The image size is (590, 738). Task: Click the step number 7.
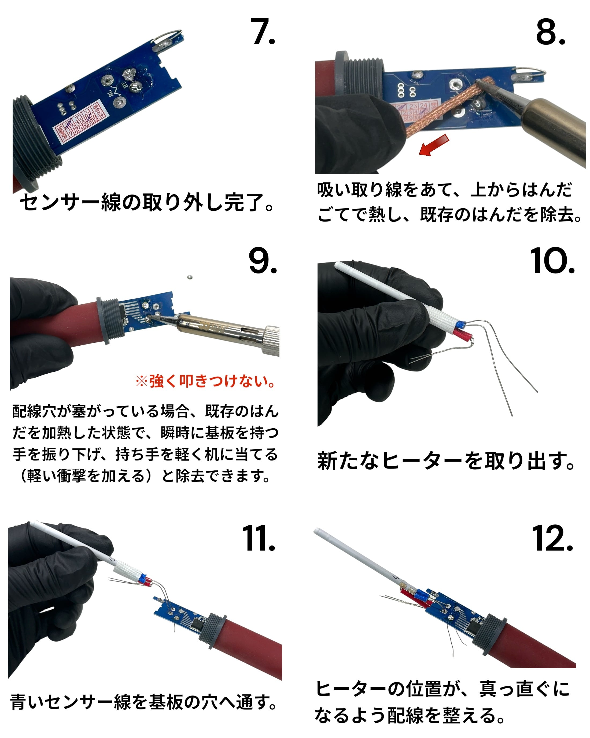pos(262,32)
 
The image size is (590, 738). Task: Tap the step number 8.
pos(550,32)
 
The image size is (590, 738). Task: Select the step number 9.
pos(262,261)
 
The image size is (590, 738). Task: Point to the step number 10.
pos(552,261)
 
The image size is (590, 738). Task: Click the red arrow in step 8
pos(434,145)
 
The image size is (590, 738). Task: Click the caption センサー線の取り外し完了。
pos(147,202)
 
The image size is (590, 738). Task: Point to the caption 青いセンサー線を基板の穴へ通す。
pos(144,702)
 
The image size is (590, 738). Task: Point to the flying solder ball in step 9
pos(190,277)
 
